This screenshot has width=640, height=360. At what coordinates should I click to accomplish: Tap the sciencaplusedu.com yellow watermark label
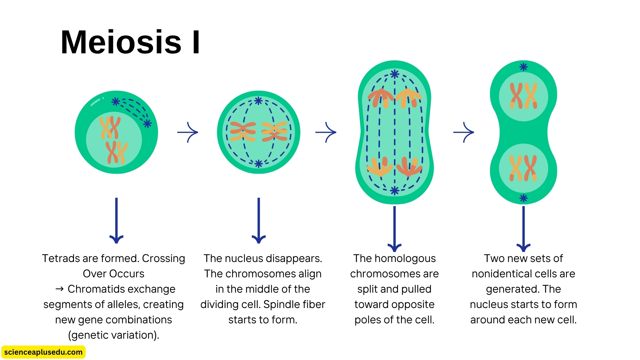coord(43,352)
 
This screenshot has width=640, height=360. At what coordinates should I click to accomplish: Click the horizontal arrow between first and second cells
coord(188,132)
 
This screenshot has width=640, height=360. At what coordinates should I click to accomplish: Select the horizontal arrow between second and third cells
coord(326,132)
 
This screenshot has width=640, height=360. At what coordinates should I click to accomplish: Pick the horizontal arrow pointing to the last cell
coord(464,132)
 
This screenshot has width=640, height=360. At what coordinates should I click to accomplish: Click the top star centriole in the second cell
coord(258,101)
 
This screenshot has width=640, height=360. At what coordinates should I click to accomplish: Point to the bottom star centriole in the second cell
coord(259,164)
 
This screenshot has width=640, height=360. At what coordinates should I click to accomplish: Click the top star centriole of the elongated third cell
coord(395,74)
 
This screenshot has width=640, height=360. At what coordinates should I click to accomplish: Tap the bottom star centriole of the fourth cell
coord(523,198)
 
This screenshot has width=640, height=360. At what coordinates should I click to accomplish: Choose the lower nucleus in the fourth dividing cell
coord(523,168)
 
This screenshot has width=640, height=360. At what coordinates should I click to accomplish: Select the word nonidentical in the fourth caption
coord(500,274)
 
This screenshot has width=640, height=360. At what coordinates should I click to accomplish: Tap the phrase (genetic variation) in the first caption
coord(113,335)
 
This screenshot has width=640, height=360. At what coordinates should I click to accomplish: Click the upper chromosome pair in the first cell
coord(110,127)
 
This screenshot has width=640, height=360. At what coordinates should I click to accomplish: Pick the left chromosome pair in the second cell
coord(243,132)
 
